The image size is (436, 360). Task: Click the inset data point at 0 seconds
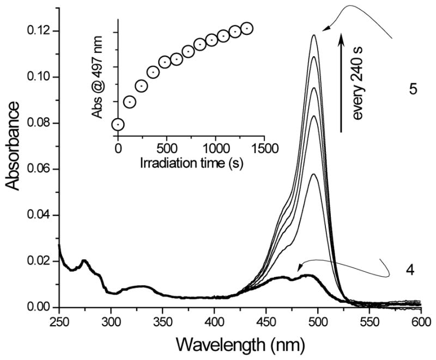point(118,125)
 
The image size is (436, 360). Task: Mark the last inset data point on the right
point(246,28)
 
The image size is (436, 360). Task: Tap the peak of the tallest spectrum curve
point(314,35)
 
